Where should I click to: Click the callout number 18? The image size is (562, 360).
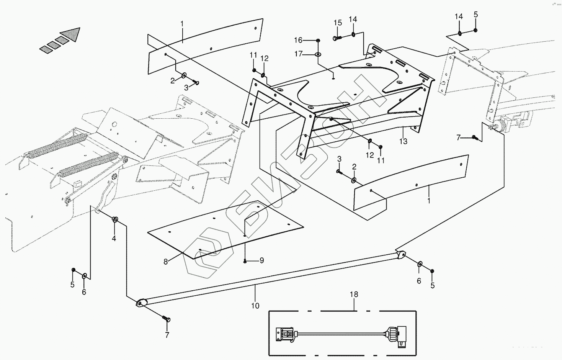354,295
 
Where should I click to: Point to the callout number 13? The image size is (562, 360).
403,141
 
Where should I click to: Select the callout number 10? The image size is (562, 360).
255,306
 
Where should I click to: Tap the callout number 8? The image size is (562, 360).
166,262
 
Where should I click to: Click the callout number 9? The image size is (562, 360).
262,260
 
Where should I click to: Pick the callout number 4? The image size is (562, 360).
114,238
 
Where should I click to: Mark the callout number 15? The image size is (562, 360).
337,23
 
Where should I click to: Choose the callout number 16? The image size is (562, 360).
298,40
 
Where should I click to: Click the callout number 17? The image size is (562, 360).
298,54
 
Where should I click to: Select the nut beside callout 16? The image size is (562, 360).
318,40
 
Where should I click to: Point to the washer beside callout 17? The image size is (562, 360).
318,55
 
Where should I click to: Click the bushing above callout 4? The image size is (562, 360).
114,219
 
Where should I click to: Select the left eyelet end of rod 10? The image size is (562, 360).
140,303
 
